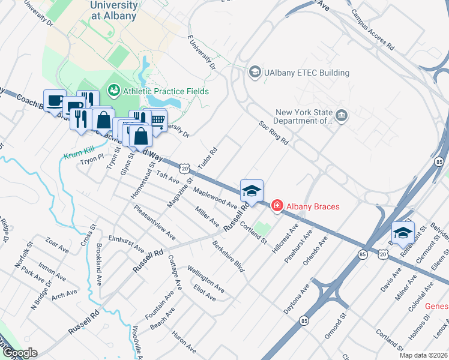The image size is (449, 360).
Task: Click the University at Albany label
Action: coord(113,11)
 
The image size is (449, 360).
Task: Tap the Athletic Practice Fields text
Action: coord(166,91)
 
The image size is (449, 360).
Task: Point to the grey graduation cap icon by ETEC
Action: coord(255,73)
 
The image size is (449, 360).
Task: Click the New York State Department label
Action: coord(304,116)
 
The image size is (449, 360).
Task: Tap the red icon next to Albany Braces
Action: coord(277,206)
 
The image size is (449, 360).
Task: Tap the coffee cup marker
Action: coord(55,100)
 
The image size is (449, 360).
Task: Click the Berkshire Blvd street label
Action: coord(229,257)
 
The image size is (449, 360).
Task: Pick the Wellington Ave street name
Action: coord(206,280)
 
